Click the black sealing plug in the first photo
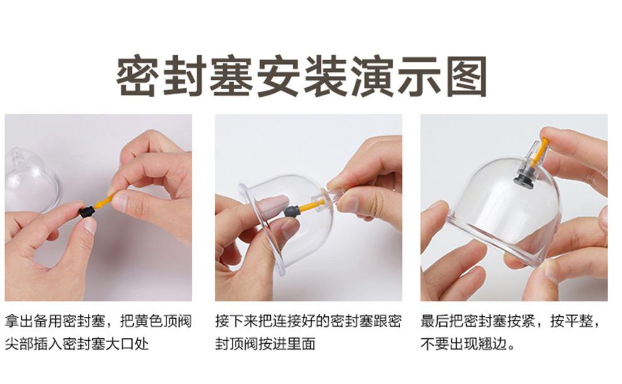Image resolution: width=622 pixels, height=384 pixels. coord(87,211)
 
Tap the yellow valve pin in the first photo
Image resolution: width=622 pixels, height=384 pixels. coord(104,201)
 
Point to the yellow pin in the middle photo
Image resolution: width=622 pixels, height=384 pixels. coord(311,205)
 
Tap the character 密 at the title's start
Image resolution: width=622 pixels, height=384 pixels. coord(138,76)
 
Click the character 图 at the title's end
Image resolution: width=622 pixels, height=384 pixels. coord(466,76)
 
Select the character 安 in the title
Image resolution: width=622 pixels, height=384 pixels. coord(278,76)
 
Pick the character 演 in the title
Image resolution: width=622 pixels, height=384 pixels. coord(373,76)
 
